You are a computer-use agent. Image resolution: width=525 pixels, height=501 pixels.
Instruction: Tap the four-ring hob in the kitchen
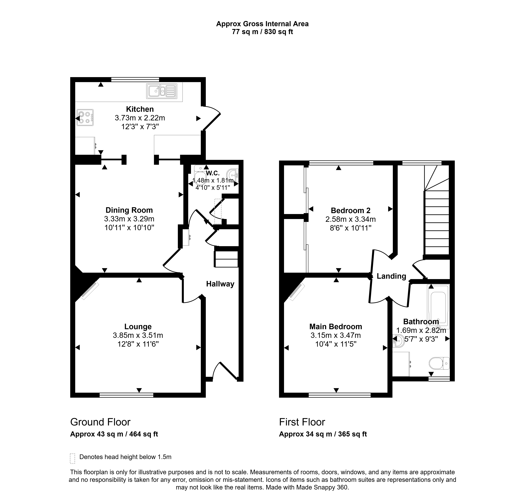tap(85, 118)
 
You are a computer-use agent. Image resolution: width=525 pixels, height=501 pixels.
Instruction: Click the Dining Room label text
tap(129, 210)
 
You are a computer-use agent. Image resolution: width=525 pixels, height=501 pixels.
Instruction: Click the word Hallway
tap(220, 284)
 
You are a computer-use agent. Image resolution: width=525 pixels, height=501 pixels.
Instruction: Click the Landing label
tap(391, 276)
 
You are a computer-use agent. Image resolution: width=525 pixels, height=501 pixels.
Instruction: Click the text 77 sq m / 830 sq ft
tap(262, 32)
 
